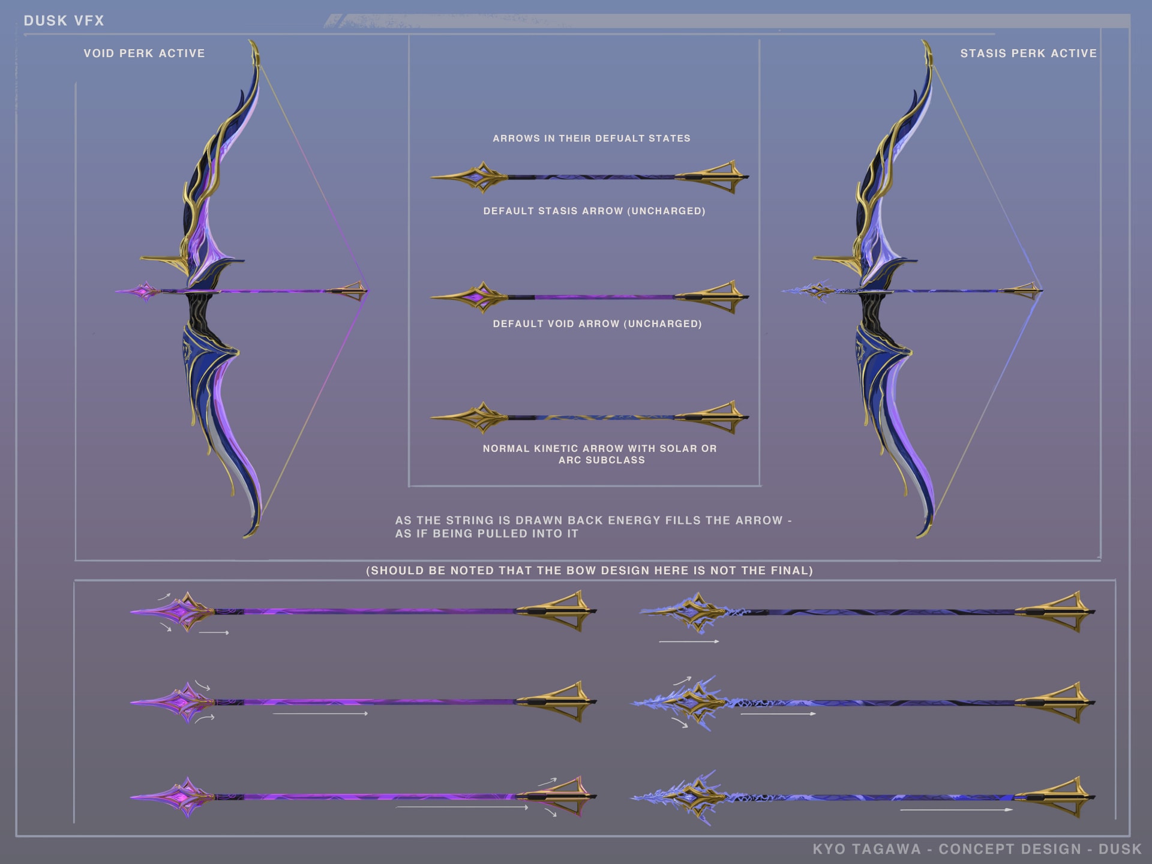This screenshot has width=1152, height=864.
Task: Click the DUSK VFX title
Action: click(x=64, y=21)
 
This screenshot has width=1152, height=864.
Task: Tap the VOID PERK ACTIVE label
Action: click(x=144, y=53)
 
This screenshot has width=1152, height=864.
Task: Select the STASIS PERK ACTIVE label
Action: click(x=1028, y=53)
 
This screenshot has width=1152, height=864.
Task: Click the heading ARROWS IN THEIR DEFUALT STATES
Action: click(x=592, y=139)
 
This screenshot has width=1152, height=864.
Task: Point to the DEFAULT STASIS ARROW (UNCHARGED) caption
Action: click(x=594, y=211)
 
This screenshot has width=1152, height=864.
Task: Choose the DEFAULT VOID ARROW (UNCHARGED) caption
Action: click(x=597, y=324)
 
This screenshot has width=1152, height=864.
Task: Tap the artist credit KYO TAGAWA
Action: click(x=866, y=849)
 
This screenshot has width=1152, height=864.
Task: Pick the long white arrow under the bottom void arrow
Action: click(x=462, y=808)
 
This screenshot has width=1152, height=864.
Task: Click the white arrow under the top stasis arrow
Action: click(x=689, y=641)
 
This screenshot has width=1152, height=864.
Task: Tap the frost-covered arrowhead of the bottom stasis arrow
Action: click(x=690, y=797)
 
